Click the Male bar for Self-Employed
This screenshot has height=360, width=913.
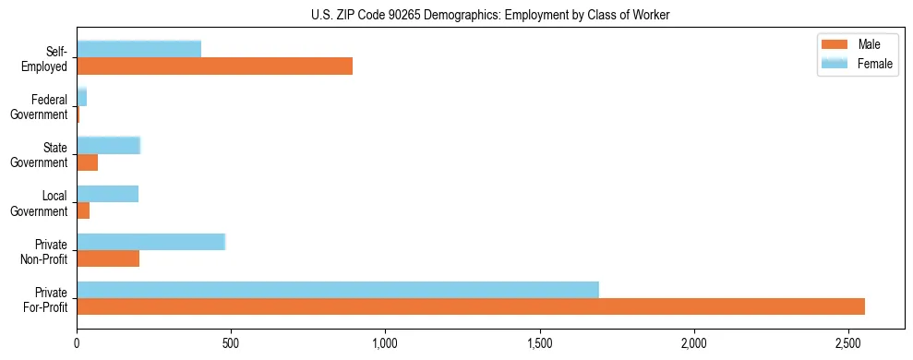click(x=214, y=66)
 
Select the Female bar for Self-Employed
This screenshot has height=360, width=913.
click(x=138, y=49)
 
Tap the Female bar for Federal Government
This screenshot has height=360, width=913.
click(x=82, y=97)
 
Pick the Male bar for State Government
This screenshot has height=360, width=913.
click(x=88, y=162)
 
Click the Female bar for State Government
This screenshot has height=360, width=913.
click(x=108, y=145)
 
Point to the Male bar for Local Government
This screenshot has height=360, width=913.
click(x=83, y=210)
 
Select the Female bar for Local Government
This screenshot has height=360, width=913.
click(x=107, y=193)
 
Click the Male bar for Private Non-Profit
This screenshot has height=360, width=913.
click(x=108, y=258)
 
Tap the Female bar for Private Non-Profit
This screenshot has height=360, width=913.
click(x=150, y=241)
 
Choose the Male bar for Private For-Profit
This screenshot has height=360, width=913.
click(x=470, y=306)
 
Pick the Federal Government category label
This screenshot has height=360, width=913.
click(x=41, y=106)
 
